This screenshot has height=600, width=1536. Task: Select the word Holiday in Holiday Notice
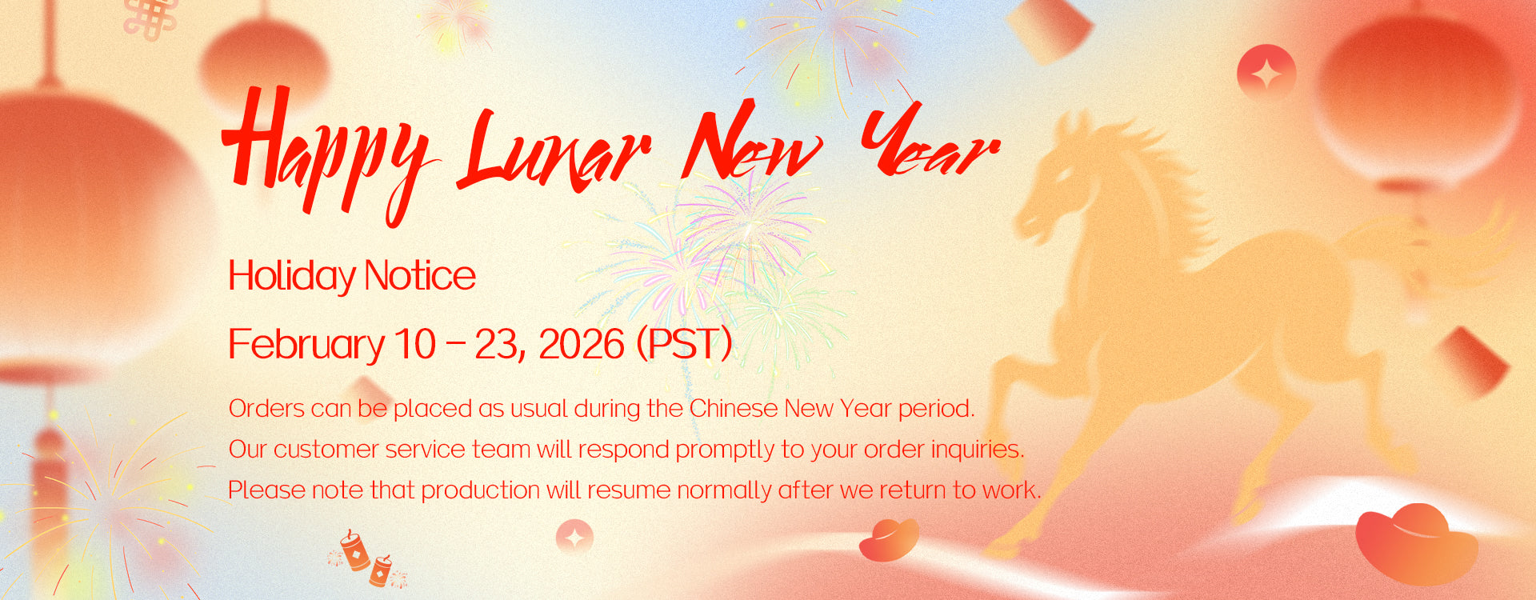click(x=292, y=276)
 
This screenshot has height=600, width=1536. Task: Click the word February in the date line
click(x=307, y=345)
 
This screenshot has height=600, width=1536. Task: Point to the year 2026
click(x=582, y=345)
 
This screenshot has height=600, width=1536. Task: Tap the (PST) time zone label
click(x=684, y=345)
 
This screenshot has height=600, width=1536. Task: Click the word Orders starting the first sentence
click(x=266, y=409)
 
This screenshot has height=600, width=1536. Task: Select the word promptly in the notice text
click(x=726, y=450)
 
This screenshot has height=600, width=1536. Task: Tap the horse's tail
click(x=1432, y=248)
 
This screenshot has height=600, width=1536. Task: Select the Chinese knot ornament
click(x=151, y=18)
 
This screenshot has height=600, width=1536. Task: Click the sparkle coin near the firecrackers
click(x=574, y=537)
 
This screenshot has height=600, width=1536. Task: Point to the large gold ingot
click(x=1416, y=544)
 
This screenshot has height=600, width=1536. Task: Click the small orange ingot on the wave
click(x=889, y=540)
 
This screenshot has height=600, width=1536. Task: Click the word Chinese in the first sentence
click(x=734, y=409)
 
